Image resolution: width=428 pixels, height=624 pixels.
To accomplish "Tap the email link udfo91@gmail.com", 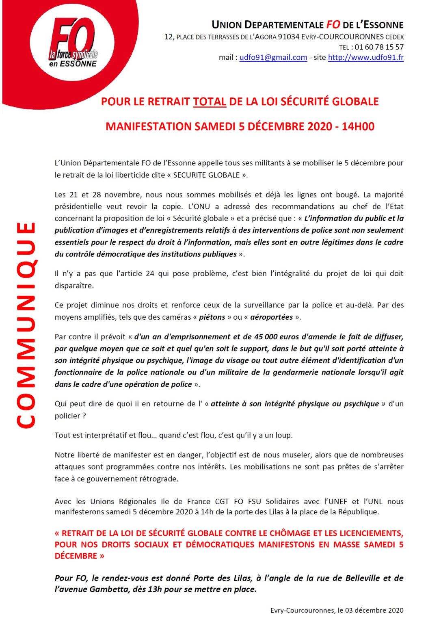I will click(273, 57).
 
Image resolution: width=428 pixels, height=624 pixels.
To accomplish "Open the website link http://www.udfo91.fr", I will click(365, 57).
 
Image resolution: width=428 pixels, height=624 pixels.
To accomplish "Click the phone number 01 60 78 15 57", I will click(379, 47).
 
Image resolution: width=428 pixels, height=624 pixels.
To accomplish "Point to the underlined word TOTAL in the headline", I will click(210, 102).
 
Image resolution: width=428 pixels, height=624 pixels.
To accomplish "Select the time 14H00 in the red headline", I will click(358, 126).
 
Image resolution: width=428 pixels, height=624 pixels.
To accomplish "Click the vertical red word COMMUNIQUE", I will click(26, 325).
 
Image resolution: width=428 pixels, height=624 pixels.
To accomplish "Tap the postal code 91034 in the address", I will click(288, 37).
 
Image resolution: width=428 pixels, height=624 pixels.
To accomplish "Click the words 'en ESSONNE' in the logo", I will click(73, 64).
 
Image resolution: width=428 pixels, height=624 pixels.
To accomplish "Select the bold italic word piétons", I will click(212, 317).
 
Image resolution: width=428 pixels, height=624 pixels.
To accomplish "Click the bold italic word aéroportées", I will click(271, 317).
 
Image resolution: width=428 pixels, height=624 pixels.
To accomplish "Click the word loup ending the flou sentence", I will click(284, 435).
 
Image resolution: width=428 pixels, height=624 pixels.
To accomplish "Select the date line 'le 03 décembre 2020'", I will click(370, 610).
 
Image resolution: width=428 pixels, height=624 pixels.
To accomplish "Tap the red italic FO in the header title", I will click(333, 25).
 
